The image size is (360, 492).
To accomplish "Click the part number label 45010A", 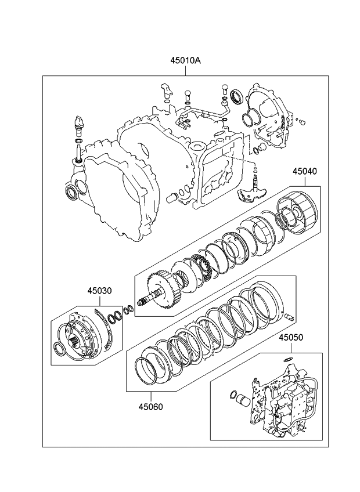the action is [x=186, y=60].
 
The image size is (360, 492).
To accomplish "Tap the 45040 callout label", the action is [x=305, y=171].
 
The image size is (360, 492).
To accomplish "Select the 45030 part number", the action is [x=99, y=291].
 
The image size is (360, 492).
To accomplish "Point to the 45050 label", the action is [x=291, y=337].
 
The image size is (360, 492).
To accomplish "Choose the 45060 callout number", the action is [x=151, y=407].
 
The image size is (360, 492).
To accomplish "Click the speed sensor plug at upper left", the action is [x=78, y=125].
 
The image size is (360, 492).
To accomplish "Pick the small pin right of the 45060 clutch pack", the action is [x=290, y=316].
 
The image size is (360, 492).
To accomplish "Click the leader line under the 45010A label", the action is [x=186, y=70].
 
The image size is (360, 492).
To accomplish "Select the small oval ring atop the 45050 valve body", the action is [x=289, y=359].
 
